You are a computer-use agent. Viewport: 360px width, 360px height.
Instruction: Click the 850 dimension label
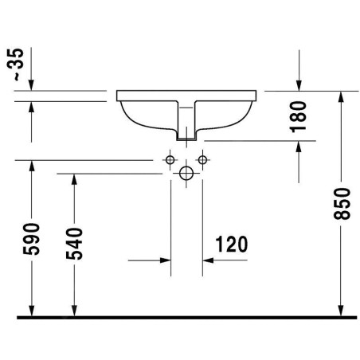coord(342,204)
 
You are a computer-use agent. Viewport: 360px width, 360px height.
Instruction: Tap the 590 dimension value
coord(31,239)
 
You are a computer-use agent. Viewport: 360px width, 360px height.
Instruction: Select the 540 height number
coord(74,244)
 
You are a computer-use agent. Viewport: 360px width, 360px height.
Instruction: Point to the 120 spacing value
coord(232,244)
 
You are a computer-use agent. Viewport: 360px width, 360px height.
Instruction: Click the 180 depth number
coord(298,117)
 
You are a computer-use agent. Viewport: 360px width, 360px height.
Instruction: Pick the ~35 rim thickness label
coord(15,65)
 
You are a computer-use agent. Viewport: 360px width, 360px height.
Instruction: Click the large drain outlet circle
coord(186,174)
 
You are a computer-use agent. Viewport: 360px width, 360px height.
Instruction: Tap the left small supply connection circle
coord(170,160)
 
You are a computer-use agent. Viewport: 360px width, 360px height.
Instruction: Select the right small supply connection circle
coord(202,160)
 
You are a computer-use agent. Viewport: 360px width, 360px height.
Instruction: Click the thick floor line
coord(187,318)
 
